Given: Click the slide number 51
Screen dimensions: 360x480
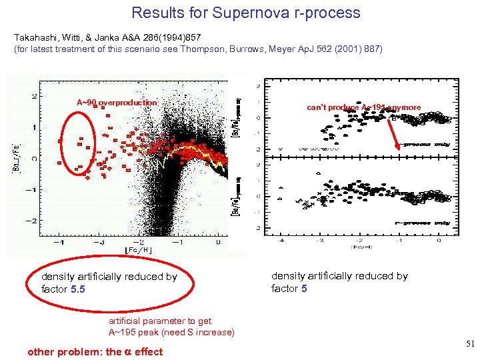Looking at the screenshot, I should (x=469, y=344).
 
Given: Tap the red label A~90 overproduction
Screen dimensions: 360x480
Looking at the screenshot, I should (x=117, y=102).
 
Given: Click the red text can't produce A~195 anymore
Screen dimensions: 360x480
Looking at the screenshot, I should (x=363, y=107).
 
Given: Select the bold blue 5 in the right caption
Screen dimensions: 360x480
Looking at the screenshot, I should (x=303, y=288).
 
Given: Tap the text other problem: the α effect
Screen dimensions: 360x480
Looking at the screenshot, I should (x=95, y=351).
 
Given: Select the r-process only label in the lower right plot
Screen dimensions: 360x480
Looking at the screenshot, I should (x=422, y=223).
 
